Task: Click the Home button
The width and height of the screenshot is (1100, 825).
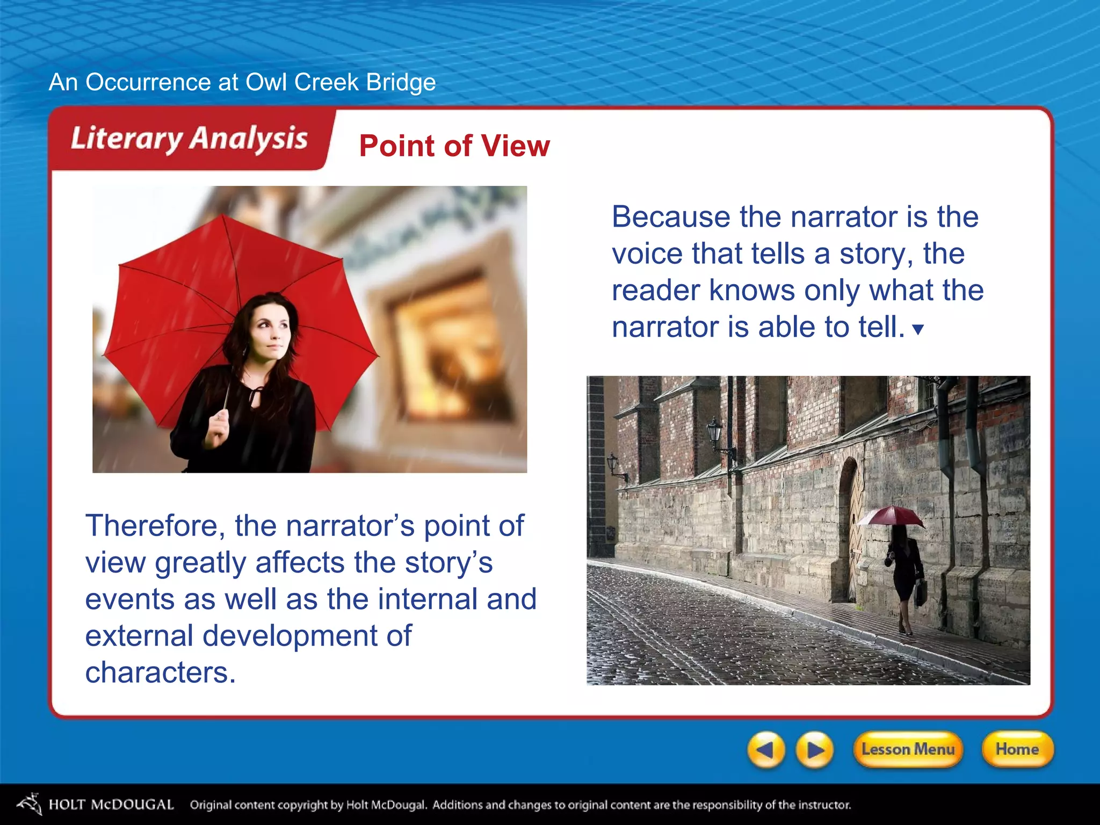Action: pyautogui.click(x=1017, y=749)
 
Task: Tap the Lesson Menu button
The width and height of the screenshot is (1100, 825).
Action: pyautogui.click(x=908, y=749)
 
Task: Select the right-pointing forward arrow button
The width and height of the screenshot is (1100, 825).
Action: pyautogui.click(x=815, y=750)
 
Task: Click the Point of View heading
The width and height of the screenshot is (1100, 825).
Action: pyautogui.click(x=454, y=146)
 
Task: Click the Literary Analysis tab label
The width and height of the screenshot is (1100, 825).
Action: pyautogui.click(x=189, y=139)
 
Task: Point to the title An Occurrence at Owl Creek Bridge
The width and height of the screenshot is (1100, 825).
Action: pyautogui.click(x=242, y=82)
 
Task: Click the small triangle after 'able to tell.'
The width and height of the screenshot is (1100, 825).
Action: pyautogui.click(x=918, y=329)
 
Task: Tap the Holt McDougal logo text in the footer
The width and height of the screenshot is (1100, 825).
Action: pyautogui.click(x=111, y=804)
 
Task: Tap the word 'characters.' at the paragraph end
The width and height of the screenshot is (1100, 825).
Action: pyautogui.click(x=160, y=672)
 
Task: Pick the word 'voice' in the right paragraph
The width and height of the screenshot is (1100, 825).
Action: pyautogui.click(x=647, y=254)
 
